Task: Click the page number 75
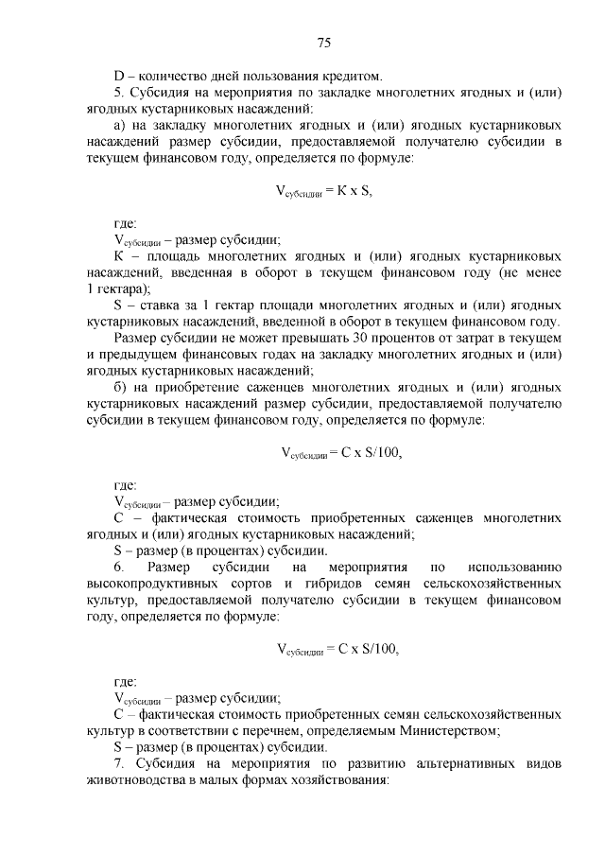point(321,42)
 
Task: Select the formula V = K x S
point(322,191)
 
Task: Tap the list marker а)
point(119,125)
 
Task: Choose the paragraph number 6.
point(118,567)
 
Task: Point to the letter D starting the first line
point(118,75)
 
